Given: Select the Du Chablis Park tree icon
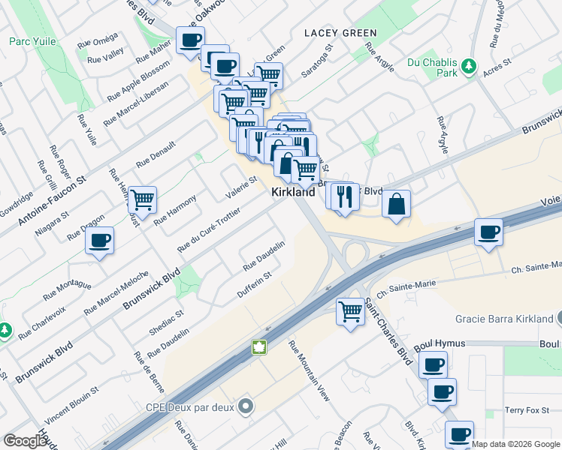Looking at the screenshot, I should pyautogui.click(x=470, y=66).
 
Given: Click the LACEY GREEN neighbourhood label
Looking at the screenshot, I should pyautogui.click(x=340, y=33).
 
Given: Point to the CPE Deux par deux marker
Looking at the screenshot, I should pyautogui.click(x=244, y=407).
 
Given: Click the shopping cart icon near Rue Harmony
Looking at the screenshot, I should pyautogui.click(x=142, y=199).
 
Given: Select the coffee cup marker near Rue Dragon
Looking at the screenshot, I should pyautogui.click(x=99, y=241).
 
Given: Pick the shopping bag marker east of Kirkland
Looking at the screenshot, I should pyautogui.click(x=396, y=204).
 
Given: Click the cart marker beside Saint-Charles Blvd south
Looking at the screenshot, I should pyautogui.click(x=351, y=310).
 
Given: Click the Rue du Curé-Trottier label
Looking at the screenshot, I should pyautogui.click(x=208, y=229).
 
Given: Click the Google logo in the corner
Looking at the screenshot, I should pyautogui.click(x=25, y=441).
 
